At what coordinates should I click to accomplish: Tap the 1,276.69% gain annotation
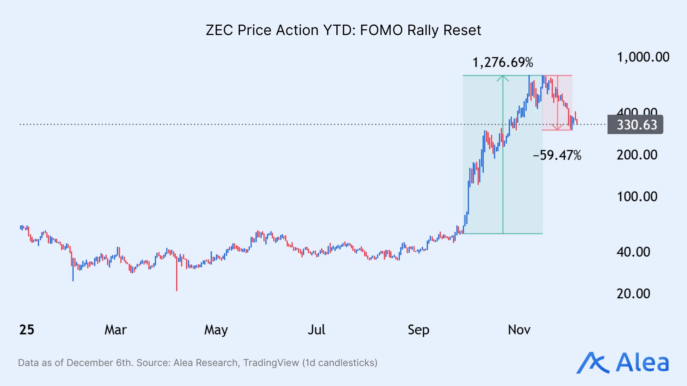503,63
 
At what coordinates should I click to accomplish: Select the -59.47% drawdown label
557,155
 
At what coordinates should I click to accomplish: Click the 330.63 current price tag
637,125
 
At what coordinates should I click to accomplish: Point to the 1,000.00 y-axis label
643,57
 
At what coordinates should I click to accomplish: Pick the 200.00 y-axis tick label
637,155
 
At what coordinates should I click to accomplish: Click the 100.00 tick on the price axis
637,197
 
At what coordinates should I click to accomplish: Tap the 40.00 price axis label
633,252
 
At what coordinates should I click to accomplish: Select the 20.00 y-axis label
633,294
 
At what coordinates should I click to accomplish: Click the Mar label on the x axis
116,330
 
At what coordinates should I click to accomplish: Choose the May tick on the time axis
216,330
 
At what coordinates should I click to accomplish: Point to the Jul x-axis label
316,330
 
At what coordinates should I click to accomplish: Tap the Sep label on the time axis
418,330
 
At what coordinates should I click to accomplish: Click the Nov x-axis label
519,330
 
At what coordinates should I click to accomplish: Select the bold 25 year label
27,330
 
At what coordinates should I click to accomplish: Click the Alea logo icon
592,363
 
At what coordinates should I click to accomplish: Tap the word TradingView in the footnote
271,363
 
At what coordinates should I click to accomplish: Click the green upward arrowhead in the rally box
503,78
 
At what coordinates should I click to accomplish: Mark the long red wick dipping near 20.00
177,279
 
